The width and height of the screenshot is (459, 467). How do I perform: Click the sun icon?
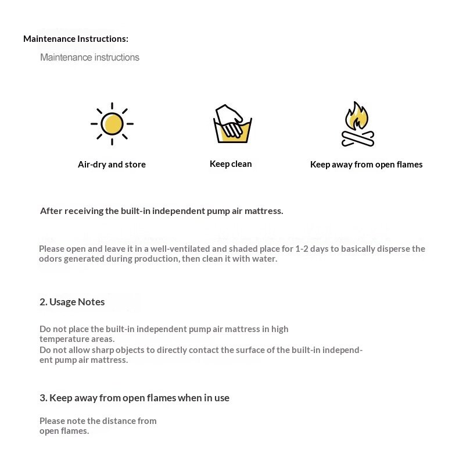point(112,124)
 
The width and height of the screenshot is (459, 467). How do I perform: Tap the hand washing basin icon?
point(232,124)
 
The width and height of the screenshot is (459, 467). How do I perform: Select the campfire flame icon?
point(356,116)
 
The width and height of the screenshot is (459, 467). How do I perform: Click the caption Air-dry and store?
point(112,165)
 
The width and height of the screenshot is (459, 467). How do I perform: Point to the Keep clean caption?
point(231,164)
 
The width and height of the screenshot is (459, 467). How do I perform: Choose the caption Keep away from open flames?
point(366,165)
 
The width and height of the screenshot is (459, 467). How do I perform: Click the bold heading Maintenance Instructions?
point(76,39)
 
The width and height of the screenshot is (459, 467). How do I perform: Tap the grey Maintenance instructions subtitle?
point(89,58)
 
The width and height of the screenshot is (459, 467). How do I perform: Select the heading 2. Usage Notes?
point(72,302)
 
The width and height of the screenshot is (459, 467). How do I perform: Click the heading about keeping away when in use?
point(134,398)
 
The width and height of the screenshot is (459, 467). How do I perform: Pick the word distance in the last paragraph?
point(120,420)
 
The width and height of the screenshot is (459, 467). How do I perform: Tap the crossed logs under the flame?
point(357,139)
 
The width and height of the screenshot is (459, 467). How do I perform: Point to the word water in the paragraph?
point(266,259)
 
